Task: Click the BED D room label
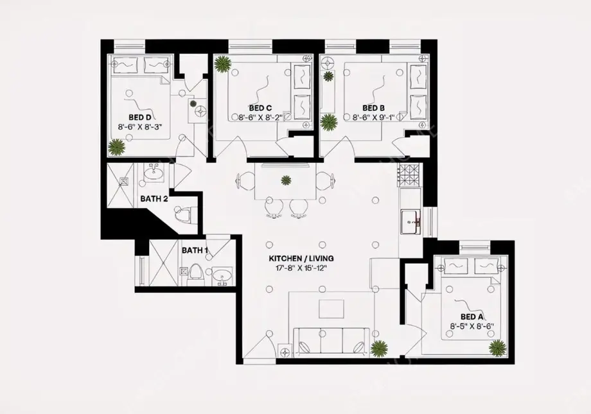[x=139, y=117]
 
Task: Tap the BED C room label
[x=260, y=108]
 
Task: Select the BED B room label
[x=373, y=108]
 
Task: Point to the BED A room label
[x=472, y=317]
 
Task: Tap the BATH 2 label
[x=154, y=199]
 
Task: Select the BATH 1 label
[x=195, y=250]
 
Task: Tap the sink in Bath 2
[x=154, y=173]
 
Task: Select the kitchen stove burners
[x=409, y=174]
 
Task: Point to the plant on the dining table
[x=286, y=180]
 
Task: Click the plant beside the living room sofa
[x=380, y=349]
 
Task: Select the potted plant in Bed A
[x=497, y=348]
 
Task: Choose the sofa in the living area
[x=330, y=341]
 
